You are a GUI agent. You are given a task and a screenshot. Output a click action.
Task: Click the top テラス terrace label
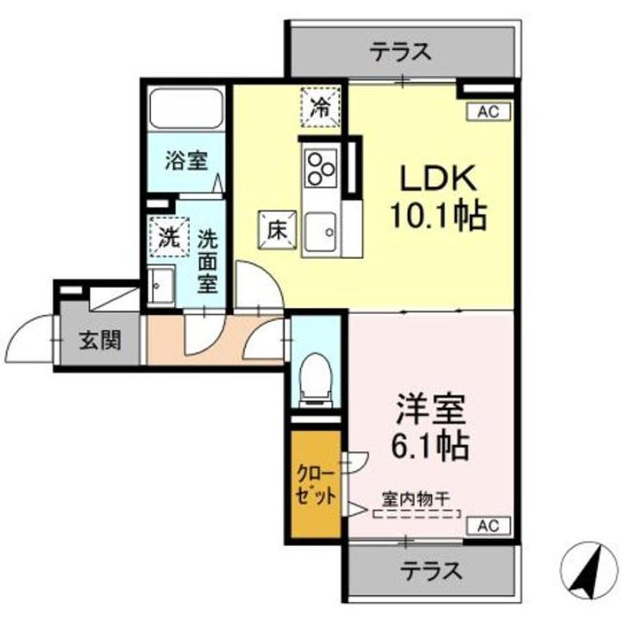pyautogui.click(x=401, y=52)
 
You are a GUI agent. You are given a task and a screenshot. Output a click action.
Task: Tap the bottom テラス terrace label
pyautogui.click(x=430, y=570)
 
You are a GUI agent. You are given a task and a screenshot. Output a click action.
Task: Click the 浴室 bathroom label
pyautogui.click(x=186, y=160)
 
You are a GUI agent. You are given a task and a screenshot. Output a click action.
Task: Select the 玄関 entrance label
pyautogui.click(x=100, y=341)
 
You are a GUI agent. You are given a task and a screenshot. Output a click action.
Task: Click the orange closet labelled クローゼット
pyautogui.click(x=317, y=487)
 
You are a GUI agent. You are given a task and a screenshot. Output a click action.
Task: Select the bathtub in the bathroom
pyautogui.click(x=187, y=109)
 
